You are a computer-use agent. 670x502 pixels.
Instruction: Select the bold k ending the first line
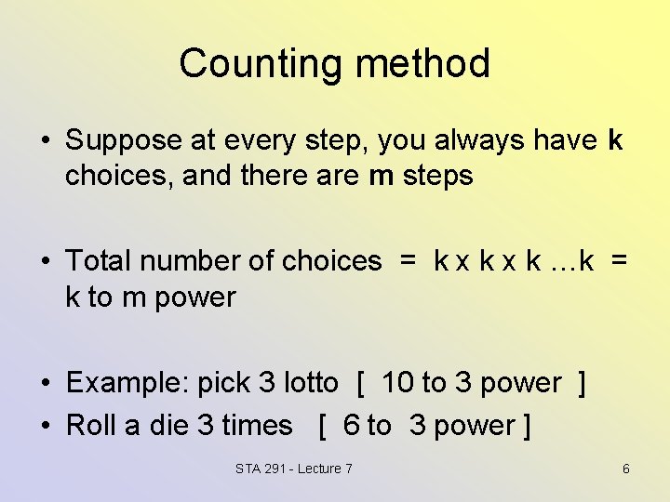click(614, 140)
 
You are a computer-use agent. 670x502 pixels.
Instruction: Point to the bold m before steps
click(382, 177)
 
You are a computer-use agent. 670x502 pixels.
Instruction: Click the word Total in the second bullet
click(98, 261)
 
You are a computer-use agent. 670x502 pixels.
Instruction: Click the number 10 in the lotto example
click(398, 383)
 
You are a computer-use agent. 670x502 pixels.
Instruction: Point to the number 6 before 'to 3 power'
click(351, 426)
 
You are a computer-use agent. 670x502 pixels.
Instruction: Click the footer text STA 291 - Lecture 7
click(294, 469)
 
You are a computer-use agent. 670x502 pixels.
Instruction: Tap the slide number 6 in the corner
click(626, 469)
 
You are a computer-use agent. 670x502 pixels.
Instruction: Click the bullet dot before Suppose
click(45, 142)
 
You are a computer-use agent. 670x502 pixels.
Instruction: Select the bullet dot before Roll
click(45, 427)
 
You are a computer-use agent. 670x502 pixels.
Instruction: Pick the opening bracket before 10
click(360, 383)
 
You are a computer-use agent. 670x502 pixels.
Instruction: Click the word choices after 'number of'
click(331, 261)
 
